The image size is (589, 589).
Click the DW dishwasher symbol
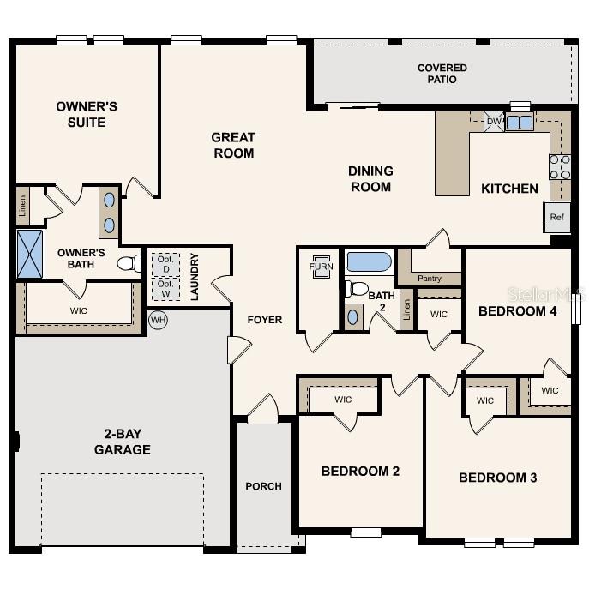click(494, 122)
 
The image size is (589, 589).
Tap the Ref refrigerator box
click(556, 217)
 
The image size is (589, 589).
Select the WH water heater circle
click(158, 320)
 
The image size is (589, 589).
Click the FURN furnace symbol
click(321, 267)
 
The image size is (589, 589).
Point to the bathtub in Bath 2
click(370, 261)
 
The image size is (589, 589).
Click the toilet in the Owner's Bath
click(129, 263)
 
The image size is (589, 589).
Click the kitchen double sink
click(519, 123)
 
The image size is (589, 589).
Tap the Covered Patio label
click(442, 74)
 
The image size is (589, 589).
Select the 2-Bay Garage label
click(123, 442)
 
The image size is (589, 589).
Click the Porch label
click(263, 486)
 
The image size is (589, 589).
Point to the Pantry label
click(430, 279)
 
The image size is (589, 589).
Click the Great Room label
click(233, 145)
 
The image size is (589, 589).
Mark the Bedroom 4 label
click(518, 310)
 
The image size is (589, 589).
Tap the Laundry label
click(195, 276)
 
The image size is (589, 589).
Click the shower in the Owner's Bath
click(30, 254)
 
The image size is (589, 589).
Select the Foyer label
click(265, 320)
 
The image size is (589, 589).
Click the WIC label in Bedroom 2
click(343, 400)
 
